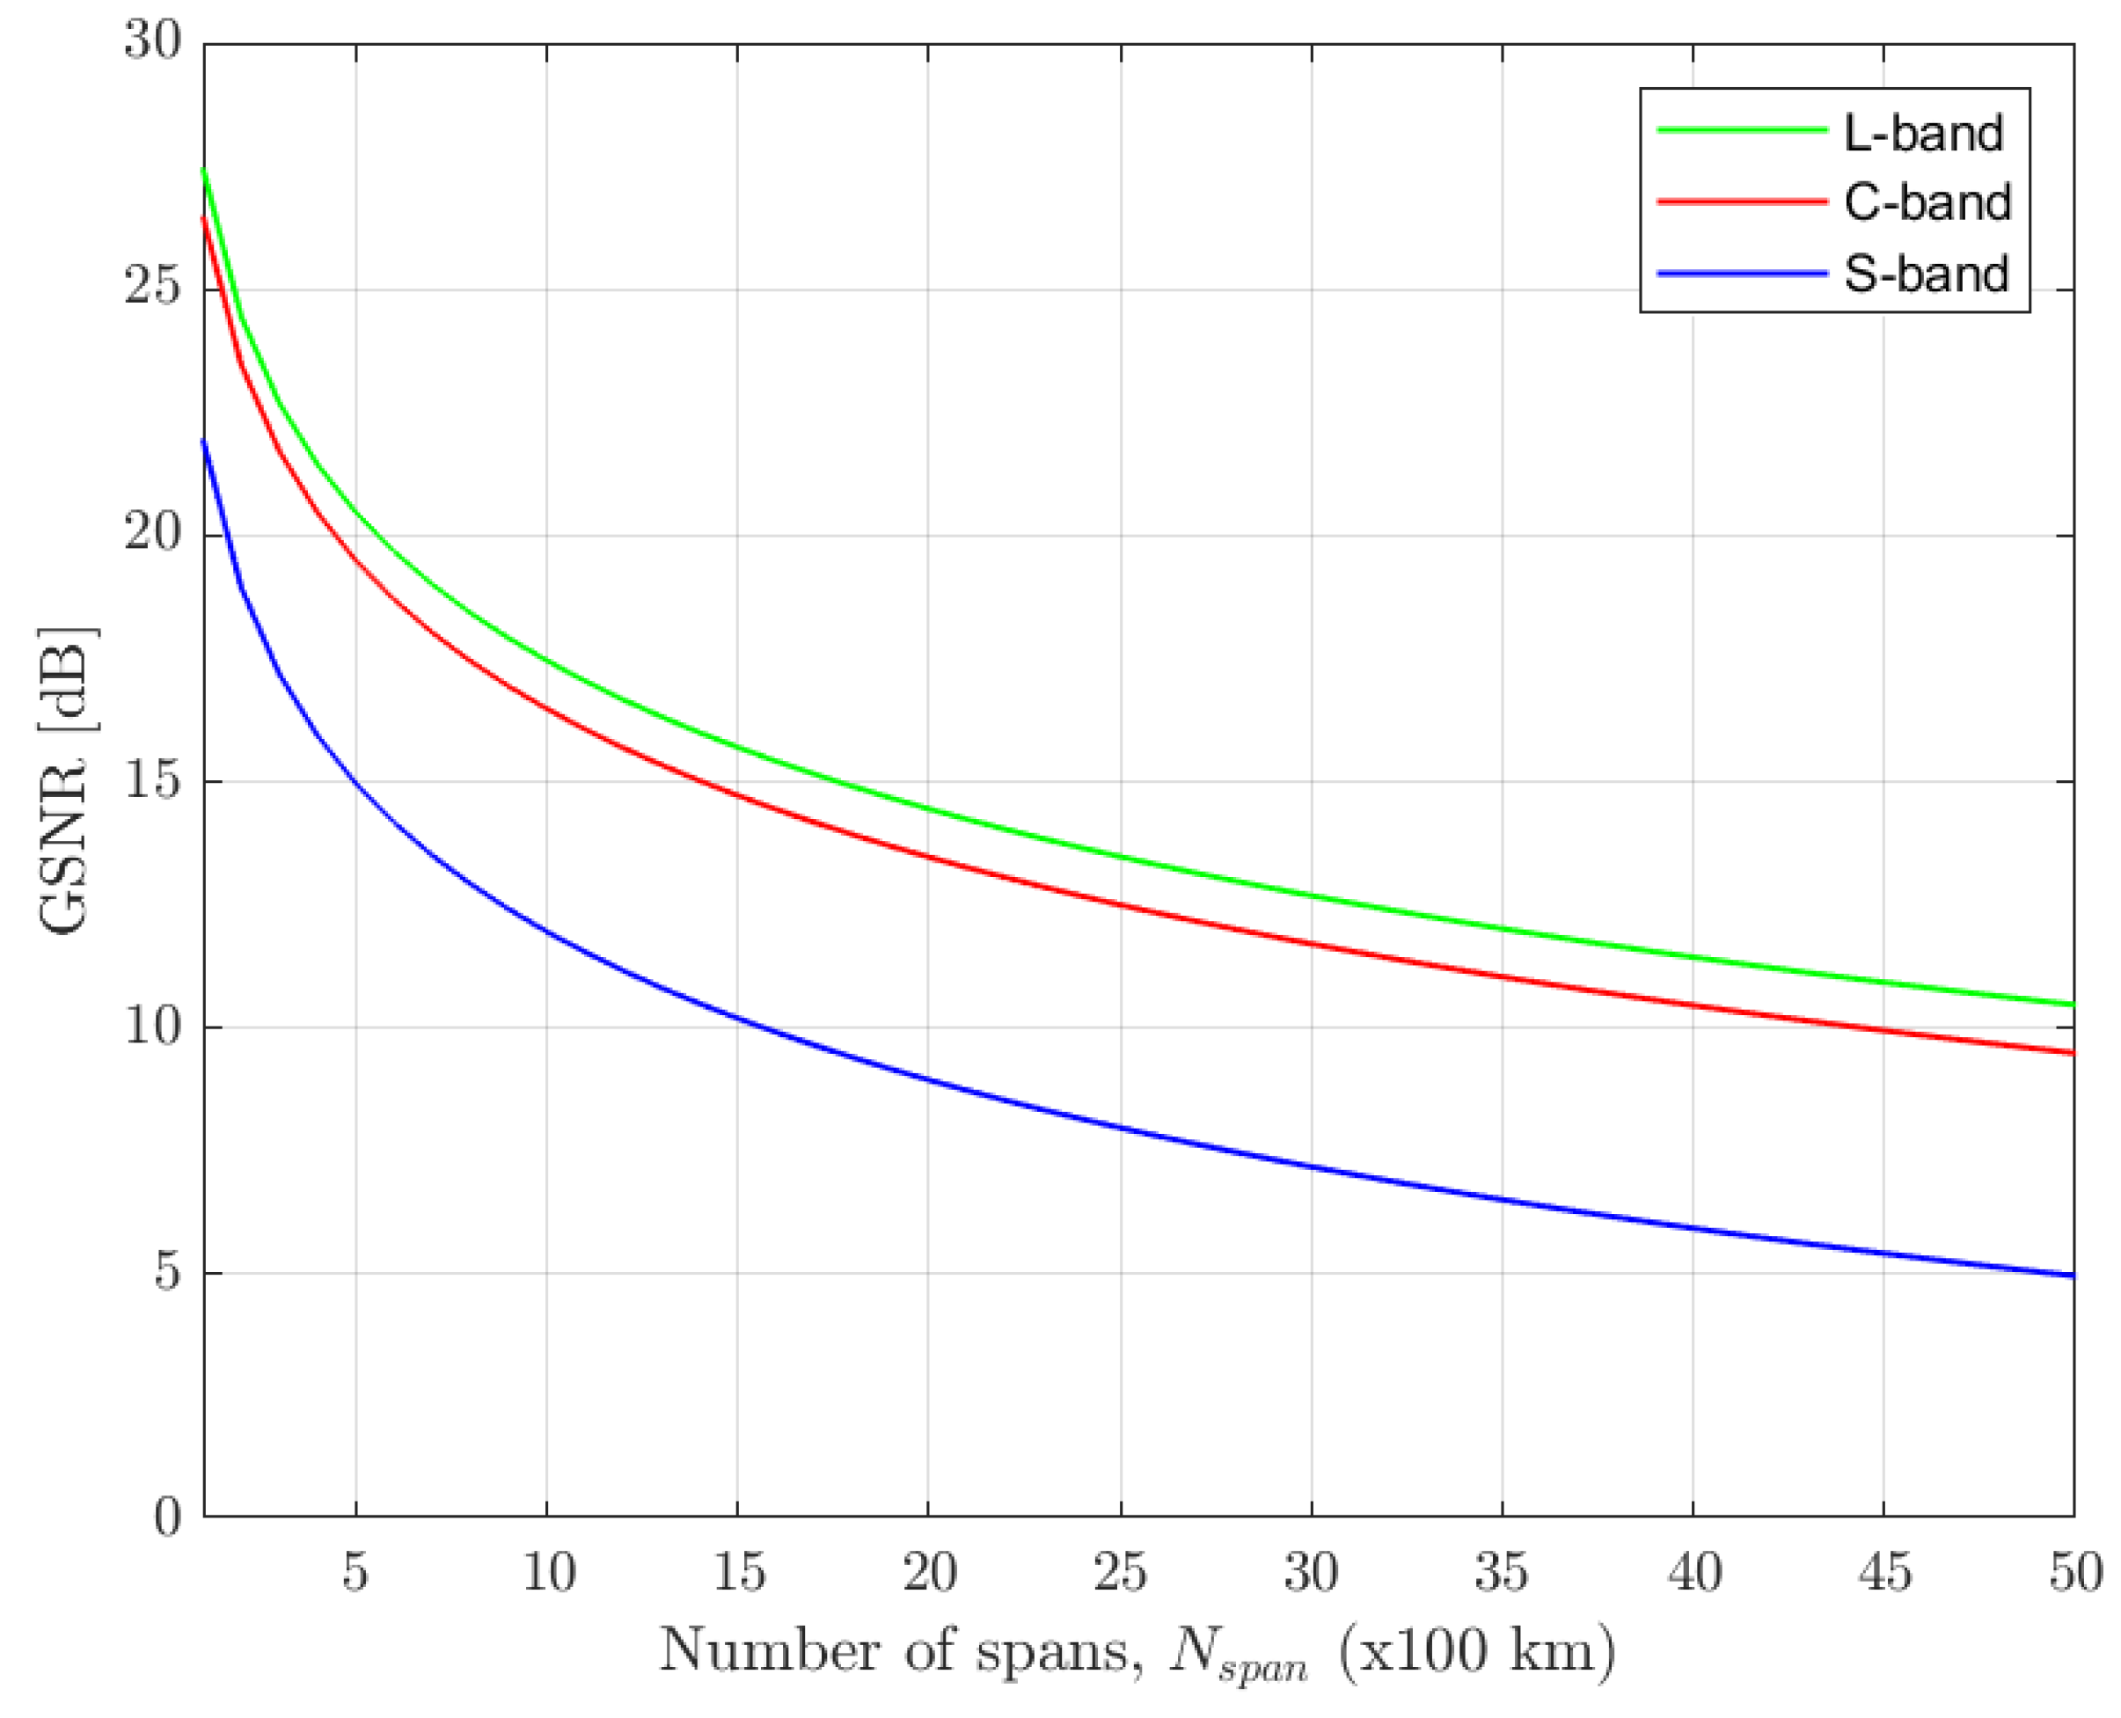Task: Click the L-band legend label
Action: (1922, 133)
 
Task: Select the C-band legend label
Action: (1926, 202)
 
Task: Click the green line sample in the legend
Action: (1741, 130)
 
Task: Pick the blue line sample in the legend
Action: (1741, 273)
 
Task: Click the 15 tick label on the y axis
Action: (153, 781)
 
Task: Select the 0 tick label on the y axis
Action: (167, 1517)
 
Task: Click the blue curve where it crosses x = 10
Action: (546, 928)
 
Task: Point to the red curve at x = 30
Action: (1312, 943)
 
